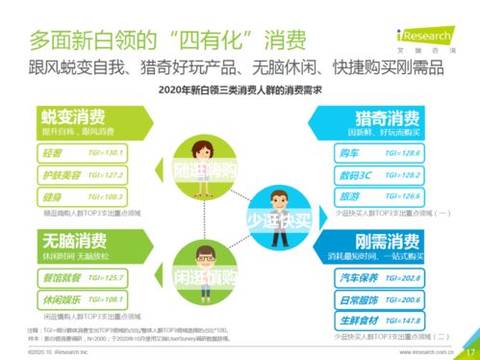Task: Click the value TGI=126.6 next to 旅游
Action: [x=407, y=195]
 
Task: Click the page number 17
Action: [x=470, y=350]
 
